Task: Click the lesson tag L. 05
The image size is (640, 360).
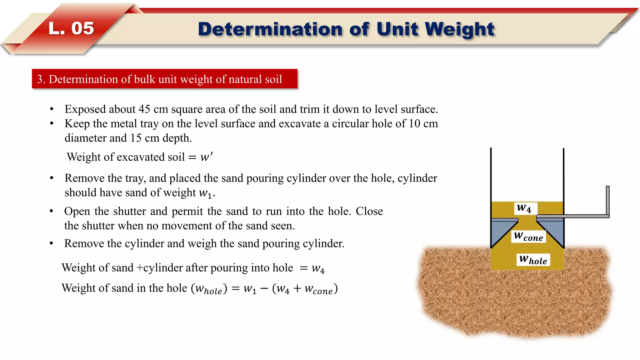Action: pos(71,28)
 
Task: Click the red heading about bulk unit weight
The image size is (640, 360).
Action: pos(164,79)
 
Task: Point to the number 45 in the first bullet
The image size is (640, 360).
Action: pos(144,109)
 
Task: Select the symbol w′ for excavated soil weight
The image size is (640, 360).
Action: pos(206,157)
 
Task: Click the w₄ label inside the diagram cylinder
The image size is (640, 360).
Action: pos(524,208)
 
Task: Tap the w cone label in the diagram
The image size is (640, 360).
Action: pos(528,236)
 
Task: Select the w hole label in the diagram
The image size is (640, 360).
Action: pos(533,260)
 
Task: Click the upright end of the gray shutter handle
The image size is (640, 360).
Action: pos(607,200)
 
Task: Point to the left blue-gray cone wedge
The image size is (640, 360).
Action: pos(500,231)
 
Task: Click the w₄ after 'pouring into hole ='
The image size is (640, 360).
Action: pos(318,268)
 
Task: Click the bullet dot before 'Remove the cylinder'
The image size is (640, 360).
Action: pos(51,243)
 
